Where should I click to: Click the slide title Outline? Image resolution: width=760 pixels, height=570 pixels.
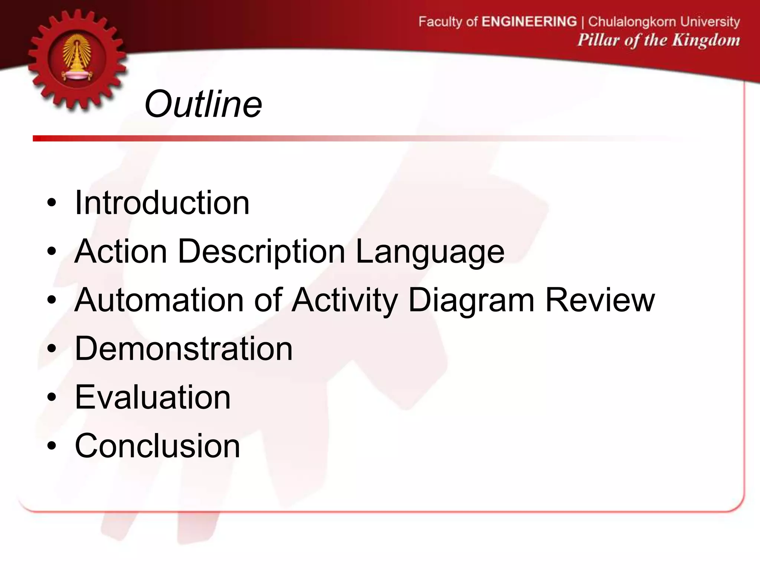click(203, 105)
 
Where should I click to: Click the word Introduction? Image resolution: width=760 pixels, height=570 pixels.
click(162, 203)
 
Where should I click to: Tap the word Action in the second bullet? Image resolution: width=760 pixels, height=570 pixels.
click(121, 252)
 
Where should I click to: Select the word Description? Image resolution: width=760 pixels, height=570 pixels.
click(262, 252)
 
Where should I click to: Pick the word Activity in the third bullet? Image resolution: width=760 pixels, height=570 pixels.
click(344, 301)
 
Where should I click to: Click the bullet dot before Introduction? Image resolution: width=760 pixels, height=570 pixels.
click(52, 204)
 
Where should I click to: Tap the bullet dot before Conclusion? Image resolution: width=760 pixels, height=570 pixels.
click(52, 446)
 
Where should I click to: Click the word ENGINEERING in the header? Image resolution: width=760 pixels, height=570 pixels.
click(529, 22)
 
